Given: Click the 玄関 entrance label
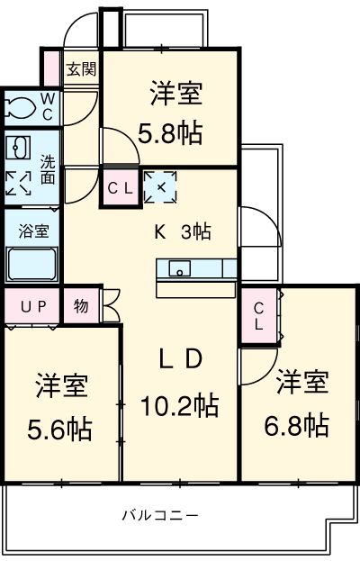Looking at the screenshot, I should click(81, 69).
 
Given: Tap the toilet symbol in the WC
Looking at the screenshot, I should click(20, 108).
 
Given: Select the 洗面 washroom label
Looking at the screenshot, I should click(47, 170).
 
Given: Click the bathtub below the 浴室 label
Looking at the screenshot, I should click(32, 264).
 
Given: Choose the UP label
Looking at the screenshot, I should click(32, 305).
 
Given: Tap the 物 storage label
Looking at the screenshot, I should click(81, 305).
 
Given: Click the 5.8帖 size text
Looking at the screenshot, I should click(169, 133).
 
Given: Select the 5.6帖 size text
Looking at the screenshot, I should click(62, 429).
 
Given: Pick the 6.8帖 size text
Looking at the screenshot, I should click(301, 423).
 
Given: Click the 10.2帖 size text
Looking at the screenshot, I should click(179, 405).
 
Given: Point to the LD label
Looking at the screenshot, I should click(179, 359).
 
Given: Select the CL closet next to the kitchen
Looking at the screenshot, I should click(120, 188).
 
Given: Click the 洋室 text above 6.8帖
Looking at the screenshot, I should click(301, 382).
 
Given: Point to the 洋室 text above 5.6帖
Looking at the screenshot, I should click(62, 386).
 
